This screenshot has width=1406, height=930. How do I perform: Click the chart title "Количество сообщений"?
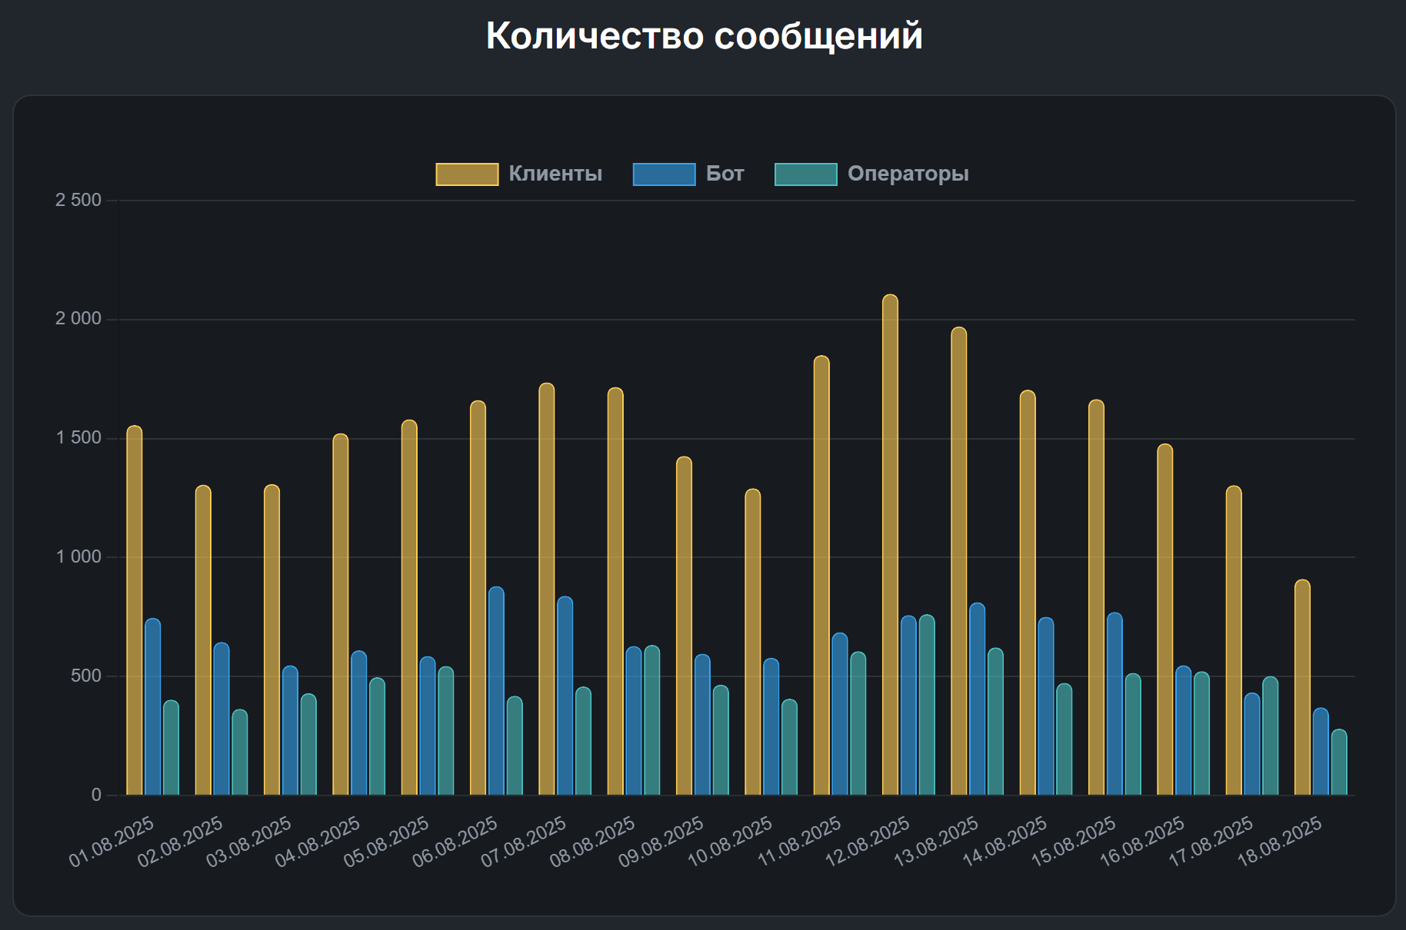pos(704,36)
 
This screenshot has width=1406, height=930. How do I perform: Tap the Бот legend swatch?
pos(664,174)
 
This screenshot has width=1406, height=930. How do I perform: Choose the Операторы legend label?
pos(908,174)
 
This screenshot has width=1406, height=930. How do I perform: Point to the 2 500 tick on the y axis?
pos(78,201)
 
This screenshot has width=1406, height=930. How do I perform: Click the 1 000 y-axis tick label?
pos(78,557)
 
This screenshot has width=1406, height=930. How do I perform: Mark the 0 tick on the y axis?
pos(96,795)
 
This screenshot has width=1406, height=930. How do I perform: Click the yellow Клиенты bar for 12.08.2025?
pos(890,546)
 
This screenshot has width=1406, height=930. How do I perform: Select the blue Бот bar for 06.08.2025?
pos(496,692)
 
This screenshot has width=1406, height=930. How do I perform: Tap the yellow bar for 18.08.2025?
pos(1302,688)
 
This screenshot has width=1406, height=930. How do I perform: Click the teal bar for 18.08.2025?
pos(1339,762)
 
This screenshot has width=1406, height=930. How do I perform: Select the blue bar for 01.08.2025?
pos(152,707)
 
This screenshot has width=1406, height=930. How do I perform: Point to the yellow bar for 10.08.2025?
pos(752,643)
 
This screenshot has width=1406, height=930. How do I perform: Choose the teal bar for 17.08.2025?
pos(1271,736)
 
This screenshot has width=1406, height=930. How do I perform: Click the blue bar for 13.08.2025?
pos(977,699)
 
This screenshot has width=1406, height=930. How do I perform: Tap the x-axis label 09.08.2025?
pos(661,841)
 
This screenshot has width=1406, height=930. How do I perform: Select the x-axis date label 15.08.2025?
pos(1074,841)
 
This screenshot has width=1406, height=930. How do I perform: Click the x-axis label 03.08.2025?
pos(249,841)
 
